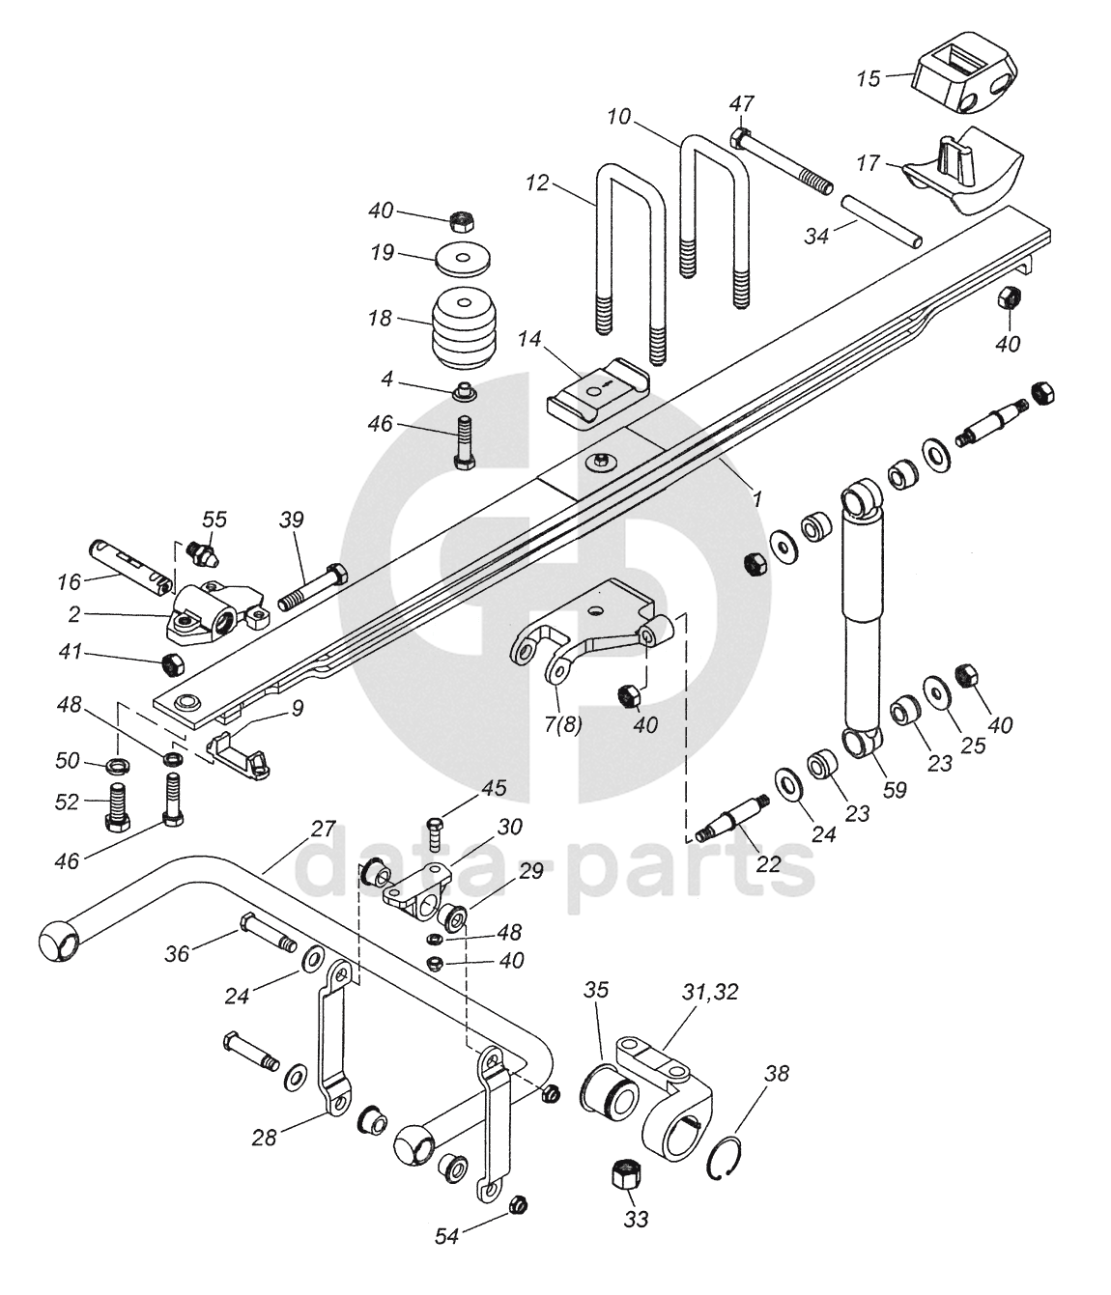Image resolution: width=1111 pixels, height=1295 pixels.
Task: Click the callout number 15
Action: (x=869, y=79)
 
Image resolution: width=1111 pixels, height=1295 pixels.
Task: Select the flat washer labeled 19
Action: (x=463, y=259)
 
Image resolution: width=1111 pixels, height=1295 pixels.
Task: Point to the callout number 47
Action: (x=741, y=103)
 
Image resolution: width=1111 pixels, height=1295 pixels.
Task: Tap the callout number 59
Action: (x=895, y=790)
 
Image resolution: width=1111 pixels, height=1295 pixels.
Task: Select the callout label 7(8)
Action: (x=562, y=725)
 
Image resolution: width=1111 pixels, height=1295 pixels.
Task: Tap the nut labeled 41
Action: (x=172, y=664)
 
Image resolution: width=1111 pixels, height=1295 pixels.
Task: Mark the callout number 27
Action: (x=324, y=829)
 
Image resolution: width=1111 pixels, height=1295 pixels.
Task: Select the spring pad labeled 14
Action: (x=598, y=393)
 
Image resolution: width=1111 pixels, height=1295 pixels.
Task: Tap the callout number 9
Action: (x=298, y=709)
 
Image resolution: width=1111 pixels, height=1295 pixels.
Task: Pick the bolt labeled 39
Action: (x=311, y=587)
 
